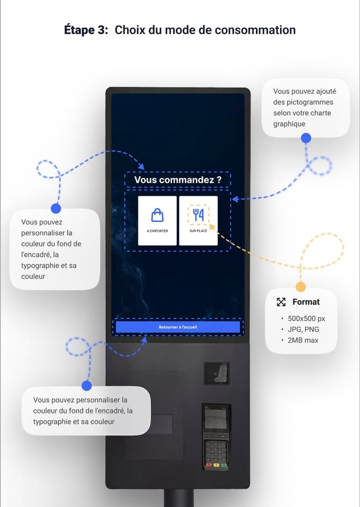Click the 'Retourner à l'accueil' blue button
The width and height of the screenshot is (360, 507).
point(178,327)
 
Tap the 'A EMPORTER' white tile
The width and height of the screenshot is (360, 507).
point(157,220)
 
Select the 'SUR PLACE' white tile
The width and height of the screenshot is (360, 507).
point(198,220)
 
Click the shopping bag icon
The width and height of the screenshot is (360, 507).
point(157,215)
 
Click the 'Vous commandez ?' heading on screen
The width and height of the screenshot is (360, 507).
point(177,180)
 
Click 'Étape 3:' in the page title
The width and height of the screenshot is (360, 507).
point(86,30)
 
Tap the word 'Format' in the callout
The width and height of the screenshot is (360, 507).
point(306,302)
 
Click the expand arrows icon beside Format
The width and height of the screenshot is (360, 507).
point(281,302)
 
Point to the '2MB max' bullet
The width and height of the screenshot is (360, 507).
point(303,340)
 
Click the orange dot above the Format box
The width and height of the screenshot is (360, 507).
point(301,287)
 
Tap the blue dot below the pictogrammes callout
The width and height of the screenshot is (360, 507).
point(306,138)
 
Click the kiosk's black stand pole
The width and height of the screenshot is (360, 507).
point(178,498)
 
